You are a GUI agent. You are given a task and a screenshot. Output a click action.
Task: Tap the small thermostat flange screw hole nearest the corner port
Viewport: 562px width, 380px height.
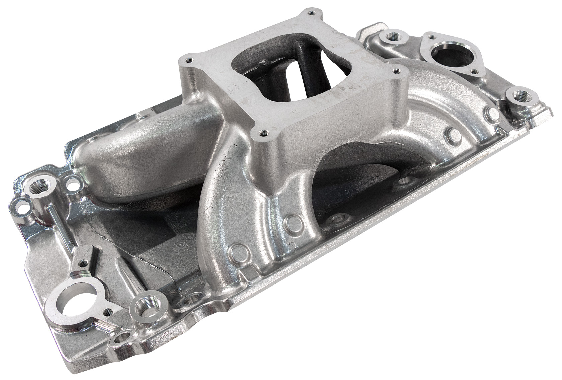click(474, 71)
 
